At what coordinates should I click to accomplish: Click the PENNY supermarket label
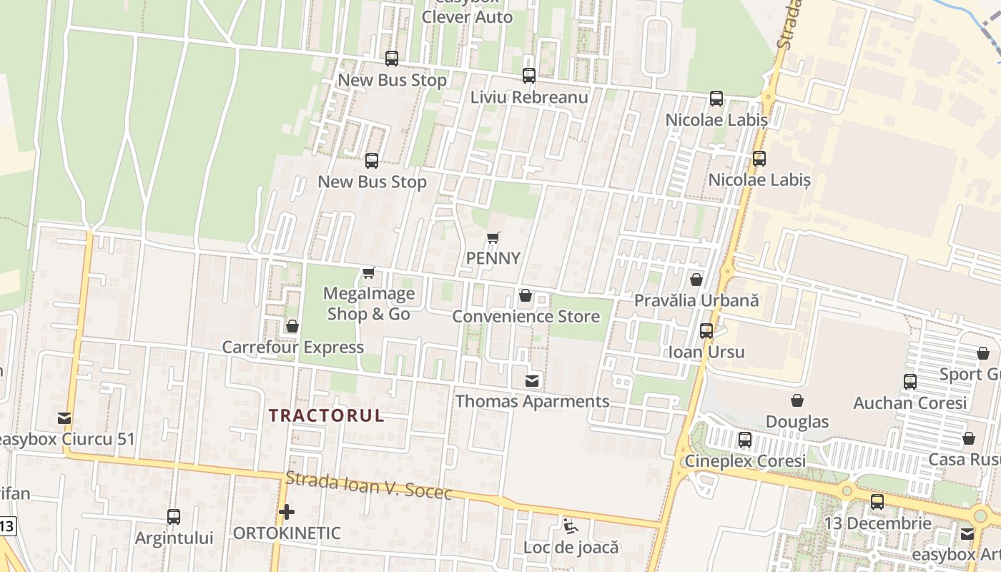[493, 258]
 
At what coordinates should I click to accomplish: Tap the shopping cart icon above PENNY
[493, 237]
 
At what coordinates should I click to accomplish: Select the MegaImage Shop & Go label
[369, 304]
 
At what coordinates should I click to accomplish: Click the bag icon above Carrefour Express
[292, 327]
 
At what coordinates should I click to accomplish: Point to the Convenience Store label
[526, 316]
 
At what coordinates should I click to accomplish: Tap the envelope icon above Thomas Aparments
[533, 380]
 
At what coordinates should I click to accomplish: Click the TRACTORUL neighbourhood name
[326, 415]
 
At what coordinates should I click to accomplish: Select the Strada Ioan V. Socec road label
[368, 486]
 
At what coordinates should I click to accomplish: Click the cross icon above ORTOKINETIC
[287, 512]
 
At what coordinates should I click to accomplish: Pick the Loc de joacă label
[571, 548]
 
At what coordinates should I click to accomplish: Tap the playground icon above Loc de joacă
[570, 527]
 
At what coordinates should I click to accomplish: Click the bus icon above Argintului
[174, 516]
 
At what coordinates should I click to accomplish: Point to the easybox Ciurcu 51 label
[66, 439]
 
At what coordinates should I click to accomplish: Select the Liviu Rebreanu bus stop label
[529, 97]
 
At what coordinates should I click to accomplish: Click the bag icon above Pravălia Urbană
[696, 280]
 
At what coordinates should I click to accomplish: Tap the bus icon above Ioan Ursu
[706, 331]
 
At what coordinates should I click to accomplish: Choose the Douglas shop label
[797, 422]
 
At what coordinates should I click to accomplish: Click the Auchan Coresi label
[910, 403]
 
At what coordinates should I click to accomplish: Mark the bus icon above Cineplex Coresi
[745, 440]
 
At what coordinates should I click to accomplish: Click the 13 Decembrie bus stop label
[877, 523]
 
